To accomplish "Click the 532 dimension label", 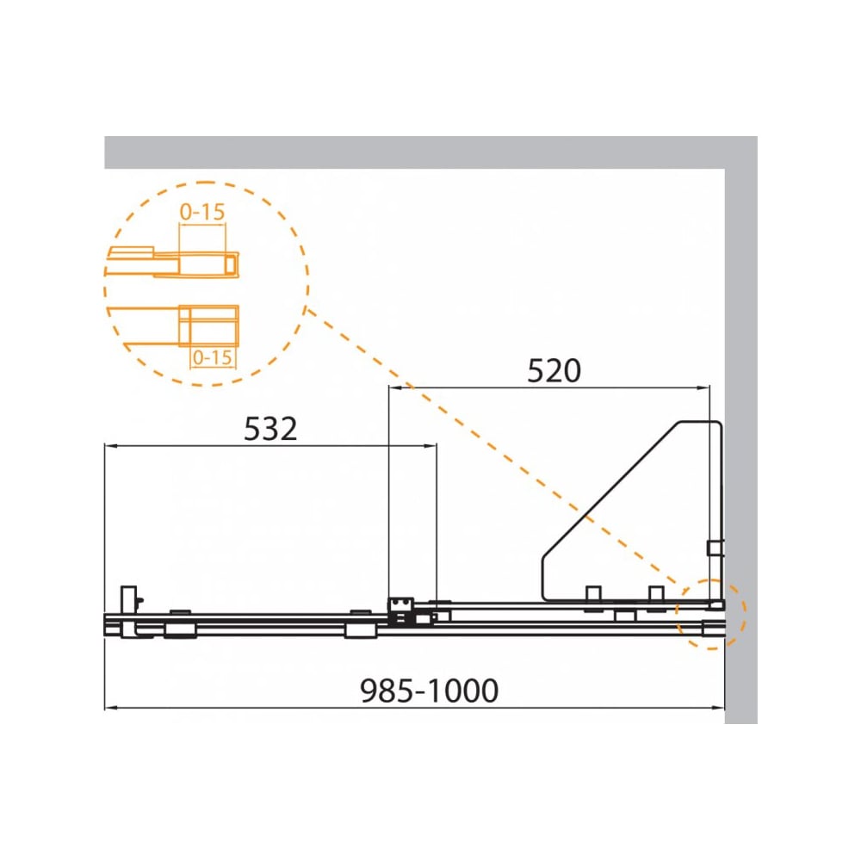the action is pos(270,429).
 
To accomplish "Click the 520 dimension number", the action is pos(554,370).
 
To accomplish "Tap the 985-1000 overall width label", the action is pos(430,691).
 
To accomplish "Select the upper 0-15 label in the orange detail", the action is pos(202,212).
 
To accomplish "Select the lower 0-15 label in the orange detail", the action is pos(213,357).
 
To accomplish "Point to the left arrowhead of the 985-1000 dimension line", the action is pos(110,708).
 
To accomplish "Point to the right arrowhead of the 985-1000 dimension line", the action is pos(718,708).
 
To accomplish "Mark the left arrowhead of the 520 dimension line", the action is pos(395,387).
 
